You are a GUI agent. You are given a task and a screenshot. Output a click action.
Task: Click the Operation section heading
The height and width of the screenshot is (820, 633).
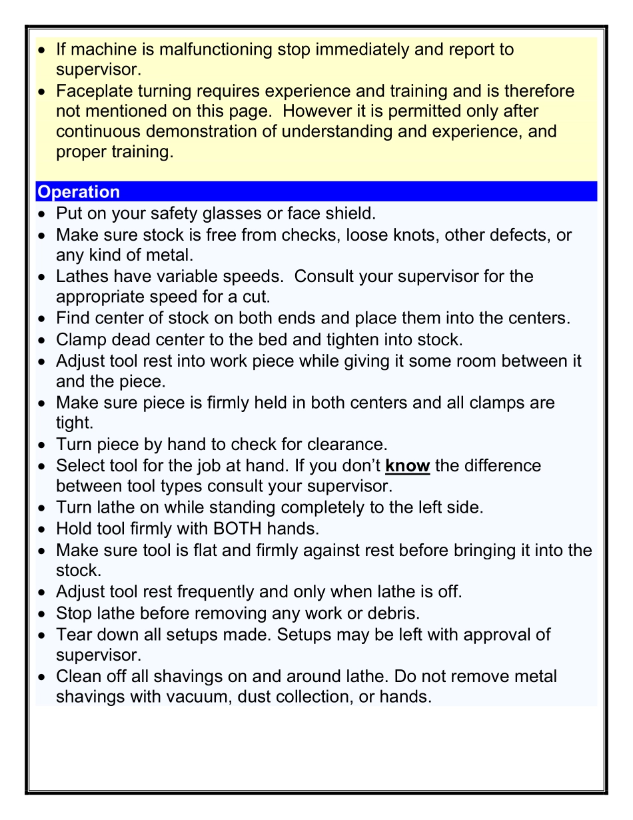coord(79,192)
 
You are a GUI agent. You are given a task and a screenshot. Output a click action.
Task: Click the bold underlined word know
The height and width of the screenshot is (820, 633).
coord(407,465)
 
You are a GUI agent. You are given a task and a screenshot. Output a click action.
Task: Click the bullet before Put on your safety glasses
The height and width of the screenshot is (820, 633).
coord(43,215)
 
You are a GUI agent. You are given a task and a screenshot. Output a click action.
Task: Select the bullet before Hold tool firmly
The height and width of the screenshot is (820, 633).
coord(43,530)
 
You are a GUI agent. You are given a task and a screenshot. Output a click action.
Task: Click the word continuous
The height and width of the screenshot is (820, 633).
coord(99,131)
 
